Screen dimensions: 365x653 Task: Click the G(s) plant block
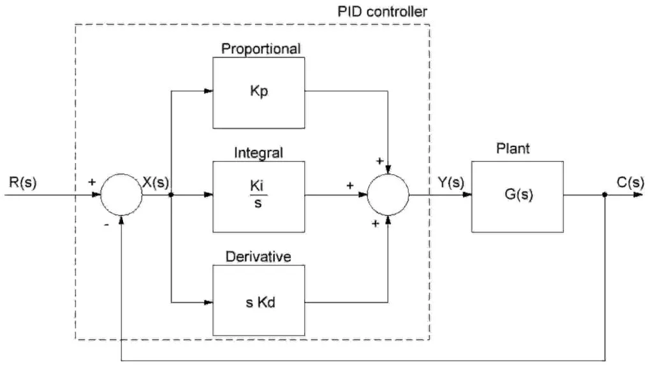[517, 196]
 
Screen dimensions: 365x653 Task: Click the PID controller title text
[382, 11]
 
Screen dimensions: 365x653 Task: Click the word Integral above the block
[258, 153]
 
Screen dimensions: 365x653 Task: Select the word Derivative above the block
[258, 257]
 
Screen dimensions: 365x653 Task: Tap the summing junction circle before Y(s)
[388, 196]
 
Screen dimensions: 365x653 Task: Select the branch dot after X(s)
[172, 196]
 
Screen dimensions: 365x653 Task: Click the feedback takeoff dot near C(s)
[605, 196]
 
